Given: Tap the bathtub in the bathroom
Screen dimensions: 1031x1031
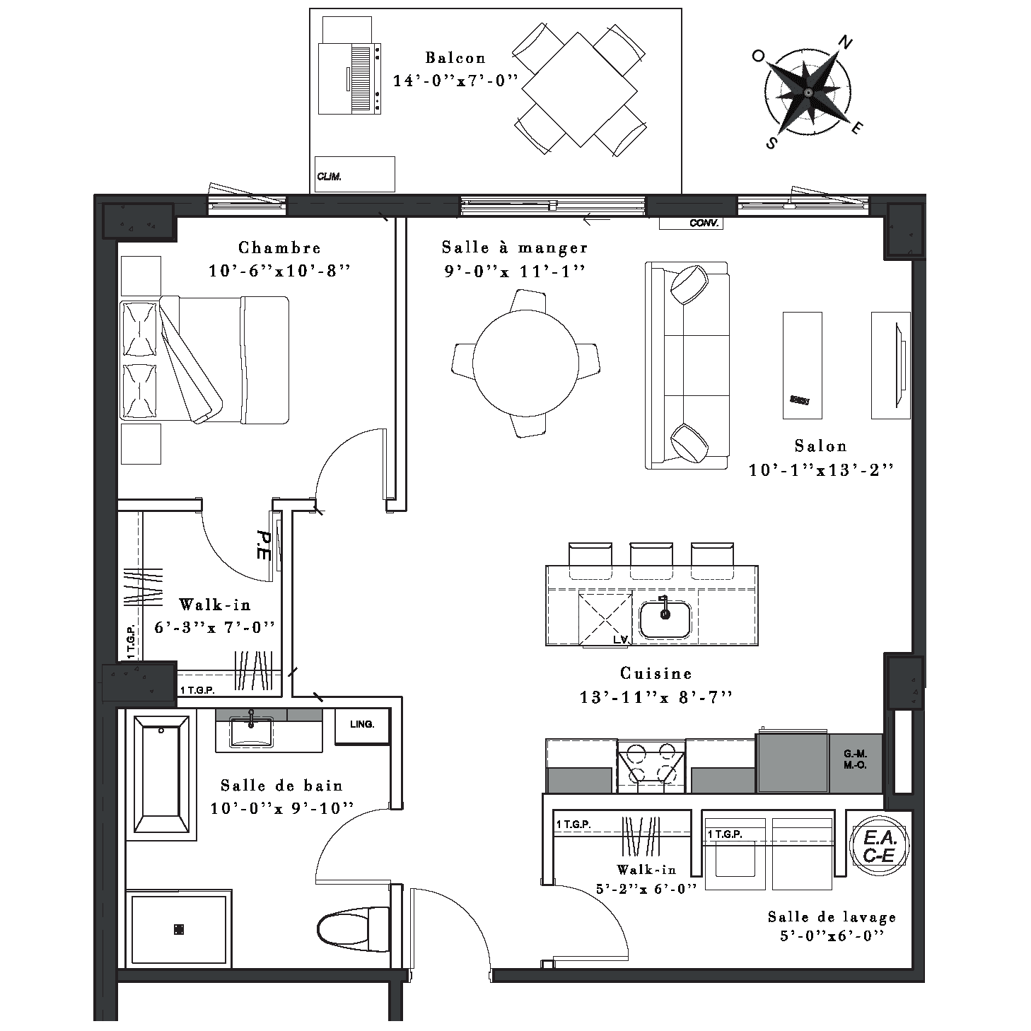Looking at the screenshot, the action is pyautogui.click(x=161, y=774).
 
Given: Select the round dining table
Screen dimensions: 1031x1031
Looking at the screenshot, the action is pyautogui.click(x=525, y=363).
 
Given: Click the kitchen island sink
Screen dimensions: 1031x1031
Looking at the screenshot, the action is pyautogui.click(x=665, y=619).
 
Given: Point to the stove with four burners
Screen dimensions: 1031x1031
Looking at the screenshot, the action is pyautogui.click(x=651, y=766).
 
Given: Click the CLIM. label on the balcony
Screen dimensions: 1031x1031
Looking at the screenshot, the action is pyautogui.click(x=329, y=177).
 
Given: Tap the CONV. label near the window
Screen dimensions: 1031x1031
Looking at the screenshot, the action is pyautogui.click(x=704, y=223).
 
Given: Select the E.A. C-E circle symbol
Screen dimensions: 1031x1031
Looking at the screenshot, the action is pyautogui.click(x=879, y=846).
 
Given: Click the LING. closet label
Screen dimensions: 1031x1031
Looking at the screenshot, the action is pyautogui.click(x=362, y=724).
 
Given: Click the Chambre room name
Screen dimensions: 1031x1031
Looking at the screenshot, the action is pyautogui.click(x=279, y=247).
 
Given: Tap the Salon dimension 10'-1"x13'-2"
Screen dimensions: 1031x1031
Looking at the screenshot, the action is pyautogui.click(x=821, y=470).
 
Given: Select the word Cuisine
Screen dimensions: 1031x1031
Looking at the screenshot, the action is pyautogui.click(x=656, y=673).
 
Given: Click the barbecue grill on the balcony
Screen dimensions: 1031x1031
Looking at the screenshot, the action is pyautogui.click(x=349, y=78).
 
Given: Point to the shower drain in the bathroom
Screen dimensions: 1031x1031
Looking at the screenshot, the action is pyautogui.click(x=179, y=929).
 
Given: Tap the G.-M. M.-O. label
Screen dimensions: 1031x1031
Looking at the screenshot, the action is pyautogui.click(x=855, y=759).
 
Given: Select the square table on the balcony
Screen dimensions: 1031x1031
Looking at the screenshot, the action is pyautogui.click(x=579, y=89).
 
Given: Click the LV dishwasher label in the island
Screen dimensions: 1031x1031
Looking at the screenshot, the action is pyautogui.click(x=621, y=639).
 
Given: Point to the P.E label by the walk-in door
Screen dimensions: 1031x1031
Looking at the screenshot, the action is pyautogui.click(x=263, y=546).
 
